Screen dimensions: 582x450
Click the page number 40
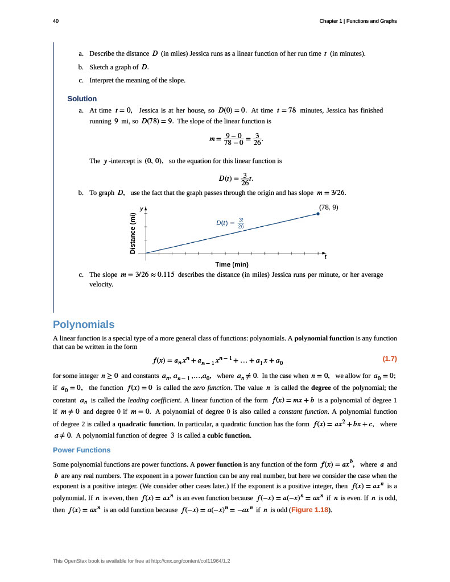point(56,21)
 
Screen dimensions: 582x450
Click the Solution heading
point(82,98)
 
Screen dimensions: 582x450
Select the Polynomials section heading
point(84,325)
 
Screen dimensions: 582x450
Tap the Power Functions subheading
point(82,450)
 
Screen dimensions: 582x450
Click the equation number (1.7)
point(389,359)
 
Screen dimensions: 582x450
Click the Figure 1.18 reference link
point(310,509)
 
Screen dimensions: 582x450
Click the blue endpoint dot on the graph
point(318,214)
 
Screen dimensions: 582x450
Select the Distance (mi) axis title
point(133,233)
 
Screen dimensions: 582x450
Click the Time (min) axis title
point(232,264)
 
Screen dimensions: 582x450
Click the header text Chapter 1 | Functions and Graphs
point(358,21)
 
